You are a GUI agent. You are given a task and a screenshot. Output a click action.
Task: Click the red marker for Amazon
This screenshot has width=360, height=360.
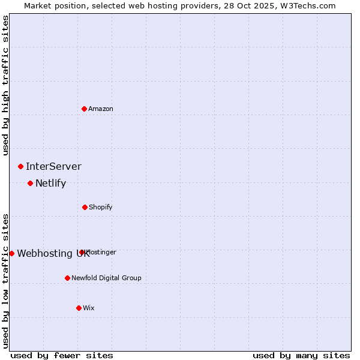pyautogui.click(x=85, y=109)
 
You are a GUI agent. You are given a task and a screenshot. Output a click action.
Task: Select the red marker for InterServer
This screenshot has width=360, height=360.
pyautogui.click(x=21, y=166)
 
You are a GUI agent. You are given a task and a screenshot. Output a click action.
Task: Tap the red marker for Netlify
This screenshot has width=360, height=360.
pyautogui.click(x=31, y=183)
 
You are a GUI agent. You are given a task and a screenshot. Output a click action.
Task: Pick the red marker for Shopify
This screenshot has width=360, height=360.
pyautogui.click(x=85, y=207)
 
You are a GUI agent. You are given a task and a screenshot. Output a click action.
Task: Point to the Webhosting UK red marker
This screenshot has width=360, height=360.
pyautogui.click(x=11, y=253)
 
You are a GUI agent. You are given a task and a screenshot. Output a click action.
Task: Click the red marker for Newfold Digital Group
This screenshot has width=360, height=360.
pyautogui.click(x=67, y=278)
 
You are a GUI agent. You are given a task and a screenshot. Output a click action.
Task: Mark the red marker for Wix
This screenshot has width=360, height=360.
pyautogui.click(x=79, y=308)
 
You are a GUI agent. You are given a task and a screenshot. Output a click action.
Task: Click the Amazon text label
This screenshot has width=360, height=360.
pyautogui.click(x=101, y=109)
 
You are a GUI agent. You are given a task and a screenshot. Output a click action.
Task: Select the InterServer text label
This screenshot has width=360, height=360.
pyautogui.click(x=53, y=166)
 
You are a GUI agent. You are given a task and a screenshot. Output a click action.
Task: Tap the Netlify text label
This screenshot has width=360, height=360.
pyautogui.click(x=50, y=183)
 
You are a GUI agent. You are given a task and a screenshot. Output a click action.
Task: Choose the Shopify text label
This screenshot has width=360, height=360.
pyautogui.click(x=101, y=207)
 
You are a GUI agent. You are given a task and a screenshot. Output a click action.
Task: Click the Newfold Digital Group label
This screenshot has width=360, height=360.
pyautogui.click(x=106, y=278)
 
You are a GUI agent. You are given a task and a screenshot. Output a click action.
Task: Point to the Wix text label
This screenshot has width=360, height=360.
pyautogui.click(x=89, y=308)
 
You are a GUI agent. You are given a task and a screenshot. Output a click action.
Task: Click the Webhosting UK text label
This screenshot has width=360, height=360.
pyautogui.click(x=53, y=253)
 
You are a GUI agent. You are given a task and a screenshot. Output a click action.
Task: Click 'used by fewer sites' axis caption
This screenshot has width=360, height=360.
pyautogui.click(x=62, y=355)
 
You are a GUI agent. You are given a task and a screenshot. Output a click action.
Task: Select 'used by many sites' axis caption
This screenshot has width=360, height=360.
pyautogui.click(x=301, y=355)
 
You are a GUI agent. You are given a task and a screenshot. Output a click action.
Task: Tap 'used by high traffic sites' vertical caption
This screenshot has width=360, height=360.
pyautogui.click(x=5, y=86)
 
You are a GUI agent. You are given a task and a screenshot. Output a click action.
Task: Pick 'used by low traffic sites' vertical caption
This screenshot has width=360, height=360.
pyautogui.click(x=5, y=281)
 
